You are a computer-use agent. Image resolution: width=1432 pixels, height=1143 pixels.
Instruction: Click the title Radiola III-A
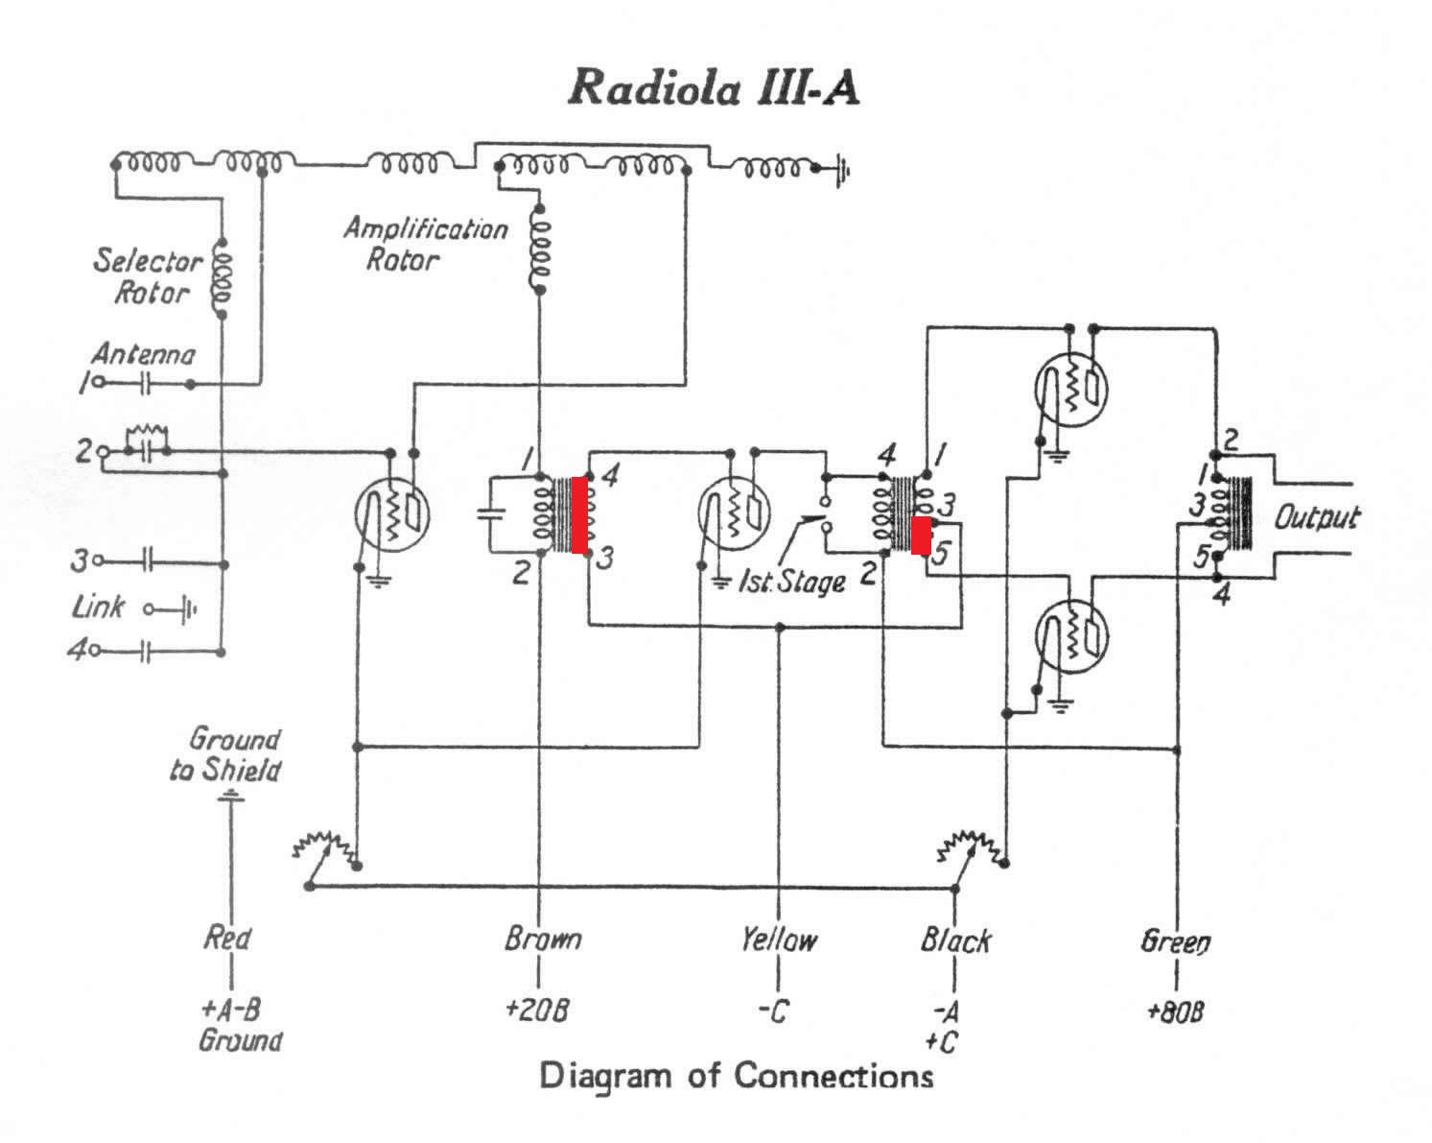click(714, 87)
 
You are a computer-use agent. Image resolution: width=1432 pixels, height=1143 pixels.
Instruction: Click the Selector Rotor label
click(148, 275)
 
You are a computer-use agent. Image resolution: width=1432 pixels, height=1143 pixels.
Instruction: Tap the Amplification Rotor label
click(426, 243)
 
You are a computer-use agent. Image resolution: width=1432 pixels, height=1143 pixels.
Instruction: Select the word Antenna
click(144, 354)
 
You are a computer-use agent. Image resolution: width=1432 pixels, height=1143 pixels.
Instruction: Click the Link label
click(99, 607)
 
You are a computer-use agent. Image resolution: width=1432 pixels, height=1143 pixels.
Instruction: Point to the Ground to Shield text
click(225, 754)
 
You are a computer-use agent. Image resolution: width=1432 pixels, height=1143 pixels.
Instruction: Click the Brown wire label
click(542, 939)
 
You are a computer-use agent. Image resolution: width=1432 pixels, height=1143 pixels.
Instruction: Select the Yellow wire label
click(779, 940)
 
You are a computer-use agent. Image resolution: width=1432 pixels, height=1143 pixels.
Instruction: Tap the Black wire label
click(955, 940)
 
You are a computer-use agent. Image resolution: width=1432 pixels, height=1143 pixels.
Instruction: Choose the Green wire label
click(1176, 941)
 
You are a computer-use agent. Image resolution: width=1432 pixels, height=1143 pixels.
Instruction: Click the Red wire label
click(227, 938)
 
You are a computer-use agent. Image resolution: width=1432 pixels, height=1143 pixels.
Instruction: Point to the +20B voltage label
click(537, 1009)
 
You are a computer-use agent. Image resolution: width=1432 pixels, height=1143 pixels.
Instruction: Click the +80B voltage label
click(1175, 1012)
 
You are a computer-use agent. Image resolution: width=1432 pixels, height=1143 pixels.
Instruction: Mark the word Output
click(1317, 517)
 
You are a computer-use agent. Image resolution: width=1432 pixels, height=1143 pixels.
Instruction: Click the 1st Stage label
click(792, 582)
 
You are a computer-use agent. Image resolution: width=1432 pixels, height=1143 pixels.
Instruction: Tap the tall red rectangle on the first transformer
click(579, 515)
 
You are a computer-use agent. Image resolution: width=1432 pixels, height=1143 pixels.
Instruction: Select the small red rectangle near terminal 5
click(921, 536)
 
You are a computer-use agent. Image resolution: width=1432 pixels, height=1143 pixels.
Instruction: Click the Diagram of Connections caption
click(736, 1075)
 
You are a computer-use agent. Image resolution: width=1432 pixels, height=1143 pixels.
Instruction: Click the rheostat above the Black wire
click(973, 851)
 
